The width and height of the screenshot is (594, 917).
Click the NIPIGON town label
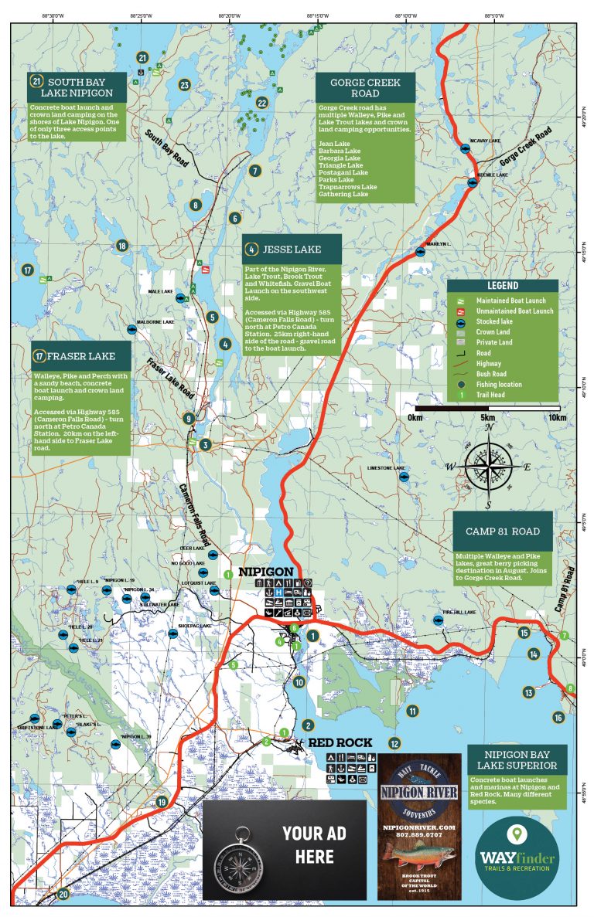point(265,572)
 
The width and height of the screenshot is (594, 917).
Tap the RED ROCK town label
point(340,743)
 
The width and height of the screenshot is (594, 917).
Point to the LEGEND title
point(502,286)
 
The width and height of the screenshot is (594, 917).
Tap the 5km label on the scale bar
point(488,418)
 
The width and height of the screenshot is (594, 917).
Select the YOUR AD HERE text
point(314,844)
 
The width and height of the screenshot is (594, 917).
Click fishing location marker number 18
point(121,246)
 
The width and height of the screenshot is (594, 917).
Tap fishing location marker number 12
point(394,743)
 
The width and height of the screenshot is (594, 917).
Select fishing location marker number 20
point(63,895)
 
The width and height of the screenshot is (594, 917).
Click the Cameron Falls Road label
point(194,513)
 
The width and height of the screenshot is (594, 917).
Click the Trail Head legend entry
point(494,395)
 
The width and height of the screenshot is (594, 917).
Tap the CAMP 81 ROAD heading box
point(503,532)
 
